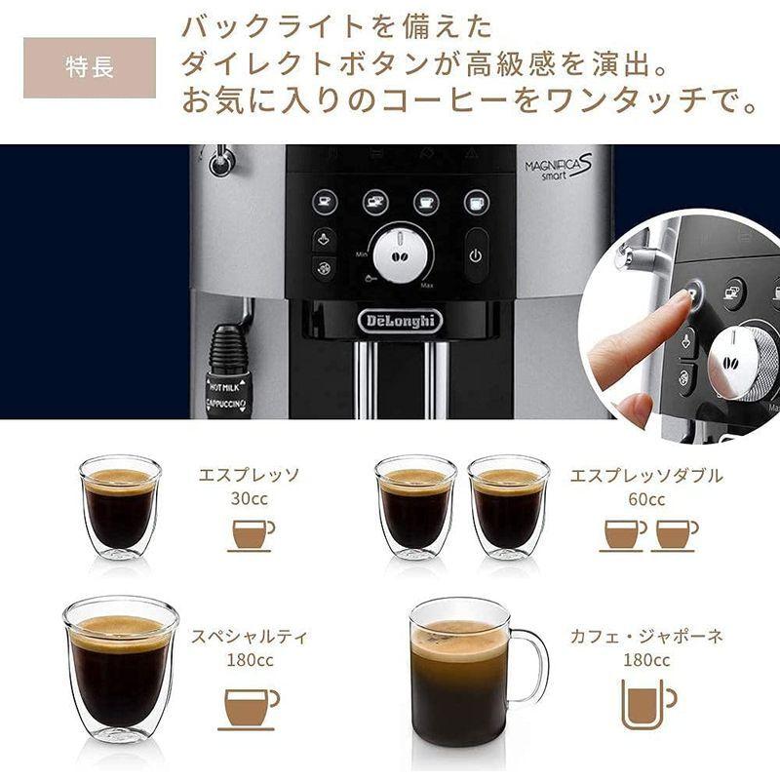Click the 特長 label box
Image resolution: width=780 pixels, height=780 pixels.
(x=90, y=68)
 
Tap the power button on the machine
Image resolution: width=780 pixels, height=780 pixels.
(x=476, y=255)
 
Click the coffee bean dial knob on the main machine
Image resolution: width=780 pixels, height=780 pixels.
(x=401, y=253)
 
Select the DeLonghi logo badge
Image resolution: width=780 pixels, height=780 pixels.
(x=400, y=320)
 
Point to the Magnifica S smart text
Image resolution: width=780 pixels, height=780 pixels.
(x=559, y=168)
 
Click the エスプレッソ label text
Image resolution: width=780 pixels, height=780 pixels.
(x=249, y=476)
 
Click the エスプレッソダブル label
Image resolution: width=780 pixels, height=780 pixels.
(x=646, y=476)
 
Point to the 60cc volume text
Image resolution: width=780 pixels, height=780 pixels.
(x=646, y=500)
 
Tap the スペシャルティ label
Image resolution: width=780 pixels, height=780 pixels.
(x=250, y=637)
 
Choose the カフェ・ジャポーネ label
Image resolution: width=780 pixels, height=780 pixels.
(x=647, y=636)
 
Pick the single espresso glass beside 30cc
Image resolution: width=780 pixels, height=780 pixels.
(x=120, y=507)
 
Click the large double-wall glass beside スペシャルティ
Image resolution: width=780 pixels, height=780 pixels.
(x=120, y=668)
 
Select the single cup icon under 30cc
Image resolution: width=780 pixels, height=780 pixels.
(x=251, y=535)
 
